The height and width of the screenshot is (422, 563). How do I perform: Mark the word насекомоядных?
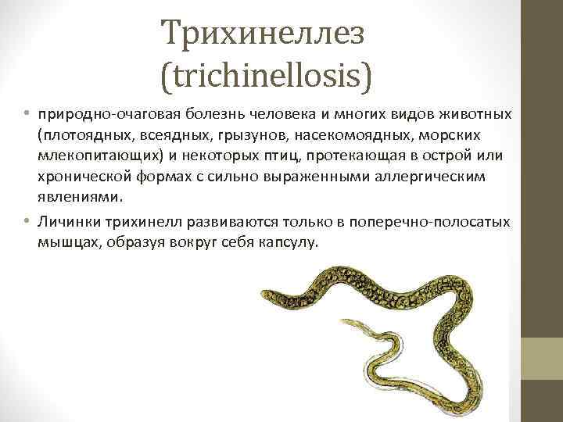[x=339, y=135]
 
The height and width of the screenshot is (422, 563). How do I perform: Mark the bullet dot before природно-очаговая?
[x=26, y=115]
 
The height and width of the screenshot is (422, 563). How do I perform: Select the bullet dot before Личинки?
[x=26, y=222]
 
